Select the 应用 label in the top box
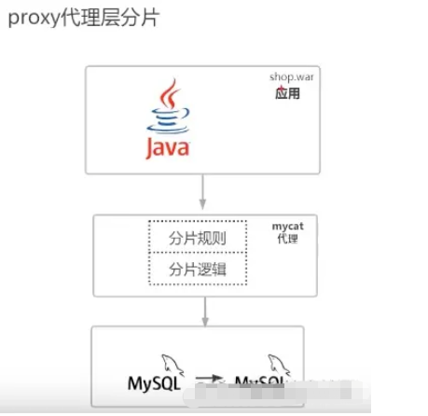pyautogui.click(x=287, y=94)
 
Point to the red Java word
pyautogui.click(x=167, y=147)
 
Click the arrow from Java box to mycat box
pyautogui.click(x=202, y=194)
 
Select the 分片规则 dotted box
pyautogui.click(x=196, y=237)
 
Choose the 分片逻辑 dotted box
pyautogui.click(x=196, y=270)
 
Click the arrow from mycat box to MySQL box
pyautogui.click(x=202, y=312)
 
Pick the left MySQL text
pyautogui.click(x=154, y=383)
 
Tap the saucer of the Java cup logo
pyautogui.click(x=167, y=129)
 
